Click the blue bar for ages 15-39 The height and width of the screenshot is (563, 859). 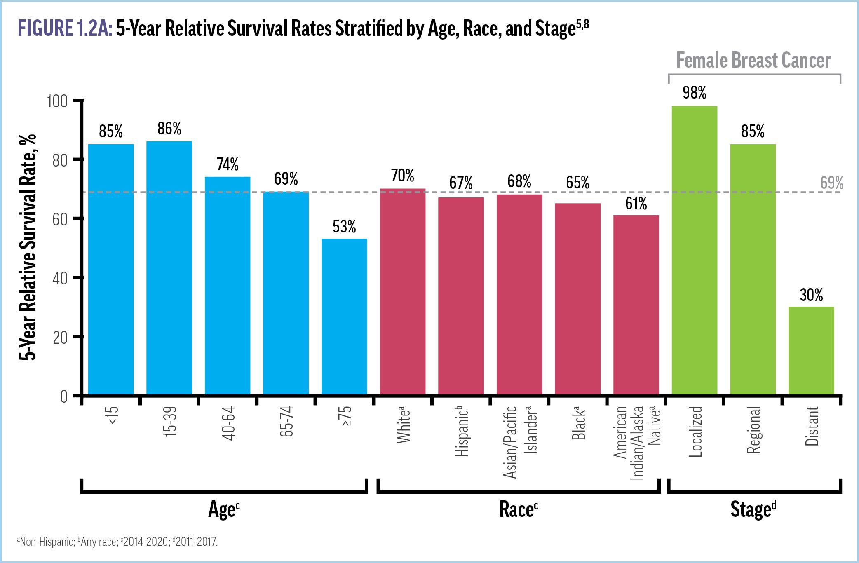169,268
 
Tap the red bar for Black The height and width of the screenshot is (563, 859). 577,299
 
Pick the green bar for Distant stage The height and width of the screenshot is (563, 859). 811,350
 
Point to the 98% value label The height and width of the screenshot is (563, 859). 694,93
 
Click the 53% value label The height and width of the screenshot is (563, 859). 344,227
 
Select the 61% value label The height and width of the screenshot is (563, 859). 636,204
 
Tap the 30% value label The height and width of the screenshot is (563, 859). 811,295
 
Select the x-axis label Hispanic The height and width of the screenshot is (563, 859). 461,431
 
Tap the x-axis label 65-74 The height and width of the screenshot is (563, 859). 286,422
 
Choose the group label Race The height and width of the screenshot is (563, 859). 518,510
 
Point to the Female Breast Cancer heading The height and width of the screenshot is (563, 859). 753,61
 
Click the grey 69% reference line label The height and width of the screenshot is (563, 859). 831,183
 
